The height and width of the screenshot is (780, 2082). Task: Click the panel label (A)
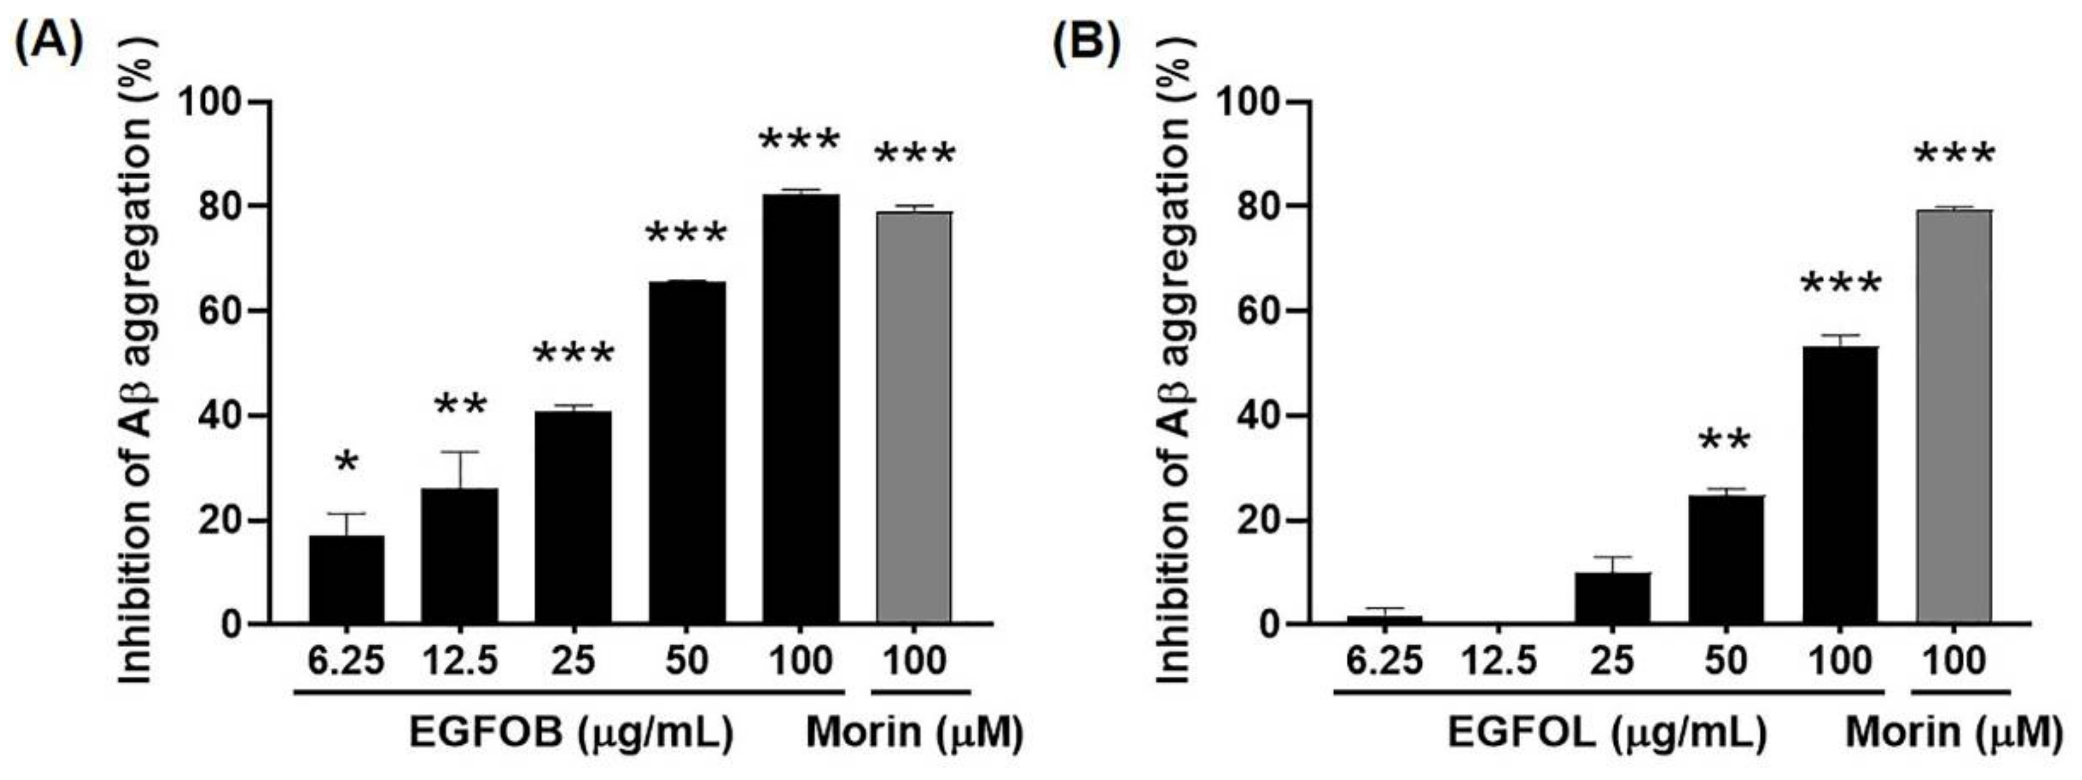[48, 41]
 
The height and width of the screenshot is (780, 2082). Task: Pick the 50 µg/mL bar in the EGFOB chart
[687, 452]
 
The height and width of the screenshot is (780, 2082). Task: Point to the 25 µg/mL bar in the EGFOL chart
[1612, 598]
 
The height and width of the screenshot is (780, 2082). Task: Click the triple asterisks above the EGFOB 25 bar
[574, 354]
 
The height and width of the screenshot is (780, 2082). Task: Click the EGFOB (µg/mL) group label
[571, 733]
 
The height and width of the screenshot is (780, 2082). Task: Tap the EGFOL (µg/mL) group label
[1607, 733]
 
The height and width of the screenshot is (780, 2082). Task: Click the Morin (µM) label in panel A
[914, 733]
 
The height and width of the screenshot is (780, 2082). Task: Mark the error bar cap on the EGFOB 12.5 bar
[460, 452]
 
